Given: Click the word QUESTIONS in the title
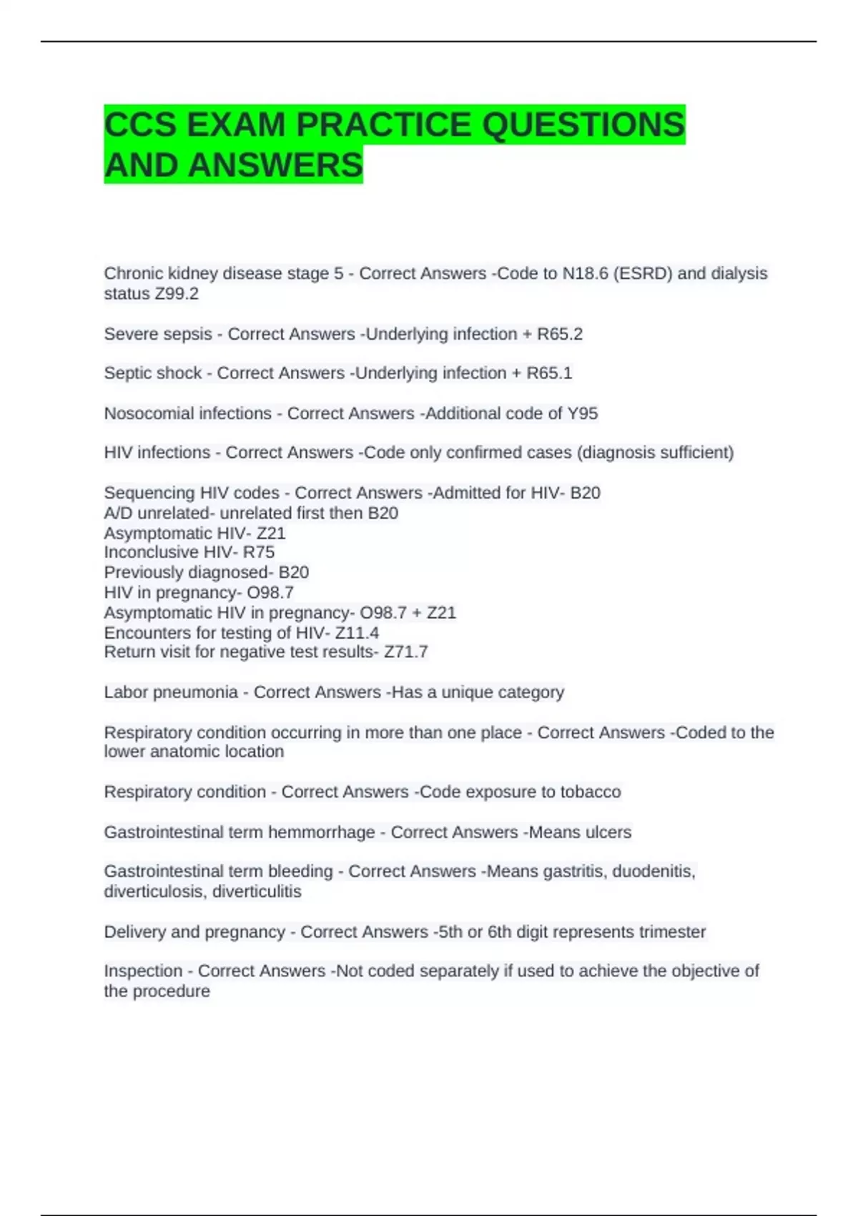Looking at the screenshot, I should tap(583, 125).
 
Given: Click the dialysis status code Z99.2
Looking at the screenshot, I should tap(177, 294).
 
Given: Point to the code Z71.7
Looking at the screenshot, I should tap(406, 652).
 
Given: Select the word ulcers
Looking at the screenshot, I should tap(608, 833).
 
